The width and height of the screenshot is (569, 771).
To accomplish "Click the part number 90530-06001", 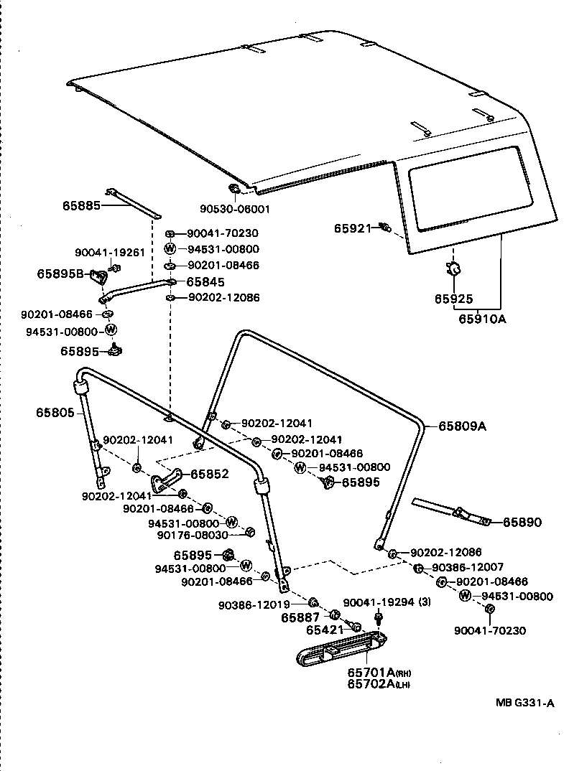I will [x=234, y=210].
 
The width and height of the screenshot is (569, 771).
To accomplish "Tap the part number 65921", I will [x=352, y=228].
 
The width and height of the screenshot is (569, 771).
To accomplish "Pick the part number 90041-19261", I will [x=110, y=252].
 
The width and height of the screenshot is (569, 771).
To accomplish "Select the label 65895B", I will [x=61, y=274].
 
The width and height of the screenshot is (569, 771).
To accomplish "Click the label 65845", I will [x=207, y=282].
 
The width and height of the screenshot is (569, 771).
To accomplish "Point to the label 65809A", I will [x=462, y=426].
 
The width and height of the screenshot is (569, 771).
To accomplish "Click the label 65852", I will [x=209, y=474].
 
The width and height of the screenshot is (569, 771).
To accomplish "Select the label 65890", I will [x=522, y=522].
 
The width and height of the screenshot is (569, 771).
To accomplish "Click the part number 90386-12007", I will [x=468, y=568].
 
